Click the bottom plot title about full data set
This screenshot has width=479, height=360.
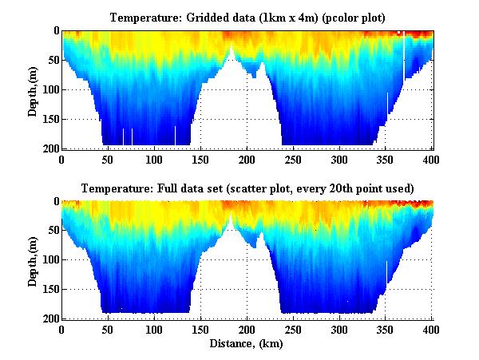(x=247, y=188)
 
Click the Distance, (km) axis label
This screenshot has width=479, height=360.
(x=247, y=344)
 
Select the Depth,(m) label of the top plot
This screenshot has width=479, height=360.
(x=33, y=89)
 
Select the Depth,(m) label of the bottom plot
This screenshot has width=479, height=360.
(x=33, y=260)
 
